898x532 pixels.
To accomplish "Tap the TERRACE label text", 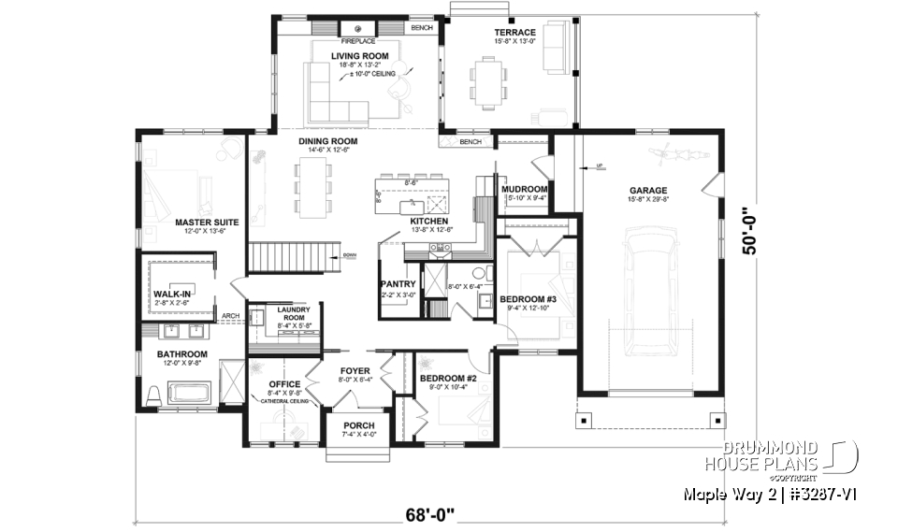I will (x=514, y=33).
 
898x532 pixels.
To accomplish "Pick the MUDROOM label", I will (x=524, y=189).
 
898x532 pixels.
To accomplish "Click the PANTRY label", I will (x=398, y=283).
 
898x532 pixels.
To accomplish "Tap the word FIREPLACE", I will (x=357, y=42).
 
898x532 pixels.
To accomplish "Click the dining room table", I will (x=311, y=186).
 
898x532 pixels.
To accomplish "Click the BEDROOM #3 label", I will (x=528, y=299).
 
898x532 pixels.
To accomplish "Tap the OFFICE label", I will (x=283, y=384).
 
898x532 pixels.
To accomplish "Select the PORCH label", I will (x=358, y=425).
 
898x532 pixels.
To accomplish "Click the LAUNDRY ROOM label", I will (x=287, y=314).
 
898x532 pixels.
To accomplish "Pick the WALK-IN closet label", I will (x=172, y=294).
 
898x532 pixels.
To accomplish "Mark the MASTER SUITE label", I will (x=207, y=223).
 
